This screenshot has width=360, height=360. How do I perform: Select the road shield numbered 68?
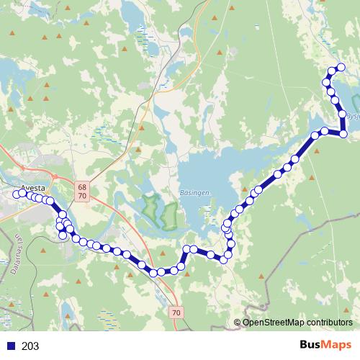coord(82,186)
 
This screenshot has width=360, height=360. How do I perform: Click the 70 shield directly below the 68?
coord(82,195)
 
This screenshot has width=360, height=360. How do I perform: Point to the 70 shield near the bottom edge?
coord(177,312)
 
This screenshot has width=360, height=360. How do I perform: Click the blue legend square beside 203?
coord(11,346)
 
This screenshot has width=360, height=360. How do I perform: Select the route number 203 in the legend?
coord(30,346)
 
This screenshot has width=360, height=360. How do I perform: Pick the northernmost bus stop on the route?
coord(341,68)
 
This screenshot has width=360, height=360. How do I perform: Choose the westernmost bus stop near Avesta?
coord(14,193)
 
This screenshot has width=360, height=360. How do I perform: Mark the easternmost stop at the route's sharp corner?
coord(343,134)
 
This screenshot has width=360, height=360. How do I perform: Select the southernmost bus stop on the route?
coord(155,272)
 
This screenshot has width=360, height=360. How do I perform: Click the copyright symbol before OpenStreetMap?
coord(237,323)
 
